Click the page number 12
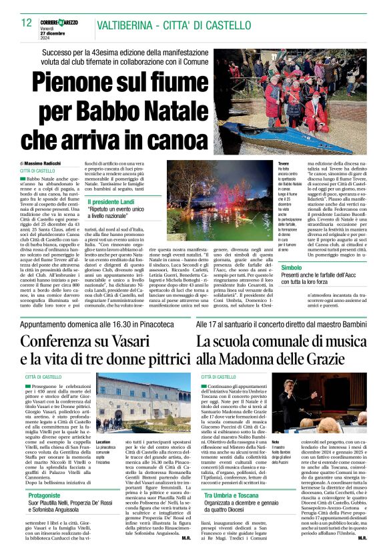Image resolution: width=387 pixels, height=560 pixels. click(x=26, y=23)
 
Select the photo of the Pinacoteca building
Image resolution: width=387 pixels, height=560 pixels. click(x=134, y=407)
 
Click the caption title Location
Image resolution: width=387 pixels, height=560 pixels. click(x=103, y=442)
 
